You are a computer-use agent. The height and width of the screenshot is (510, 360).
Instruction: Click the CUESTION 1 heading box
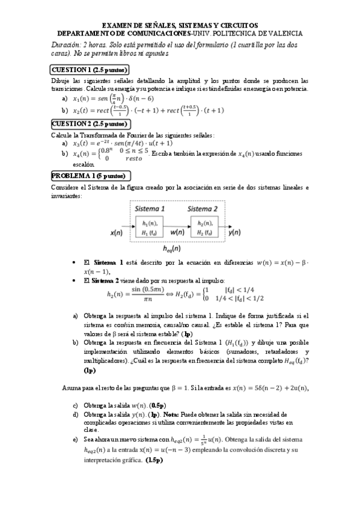click(90, 69)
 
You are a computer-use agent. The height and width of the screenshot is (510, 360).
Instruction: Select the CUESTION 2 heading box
click(90, 124)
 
